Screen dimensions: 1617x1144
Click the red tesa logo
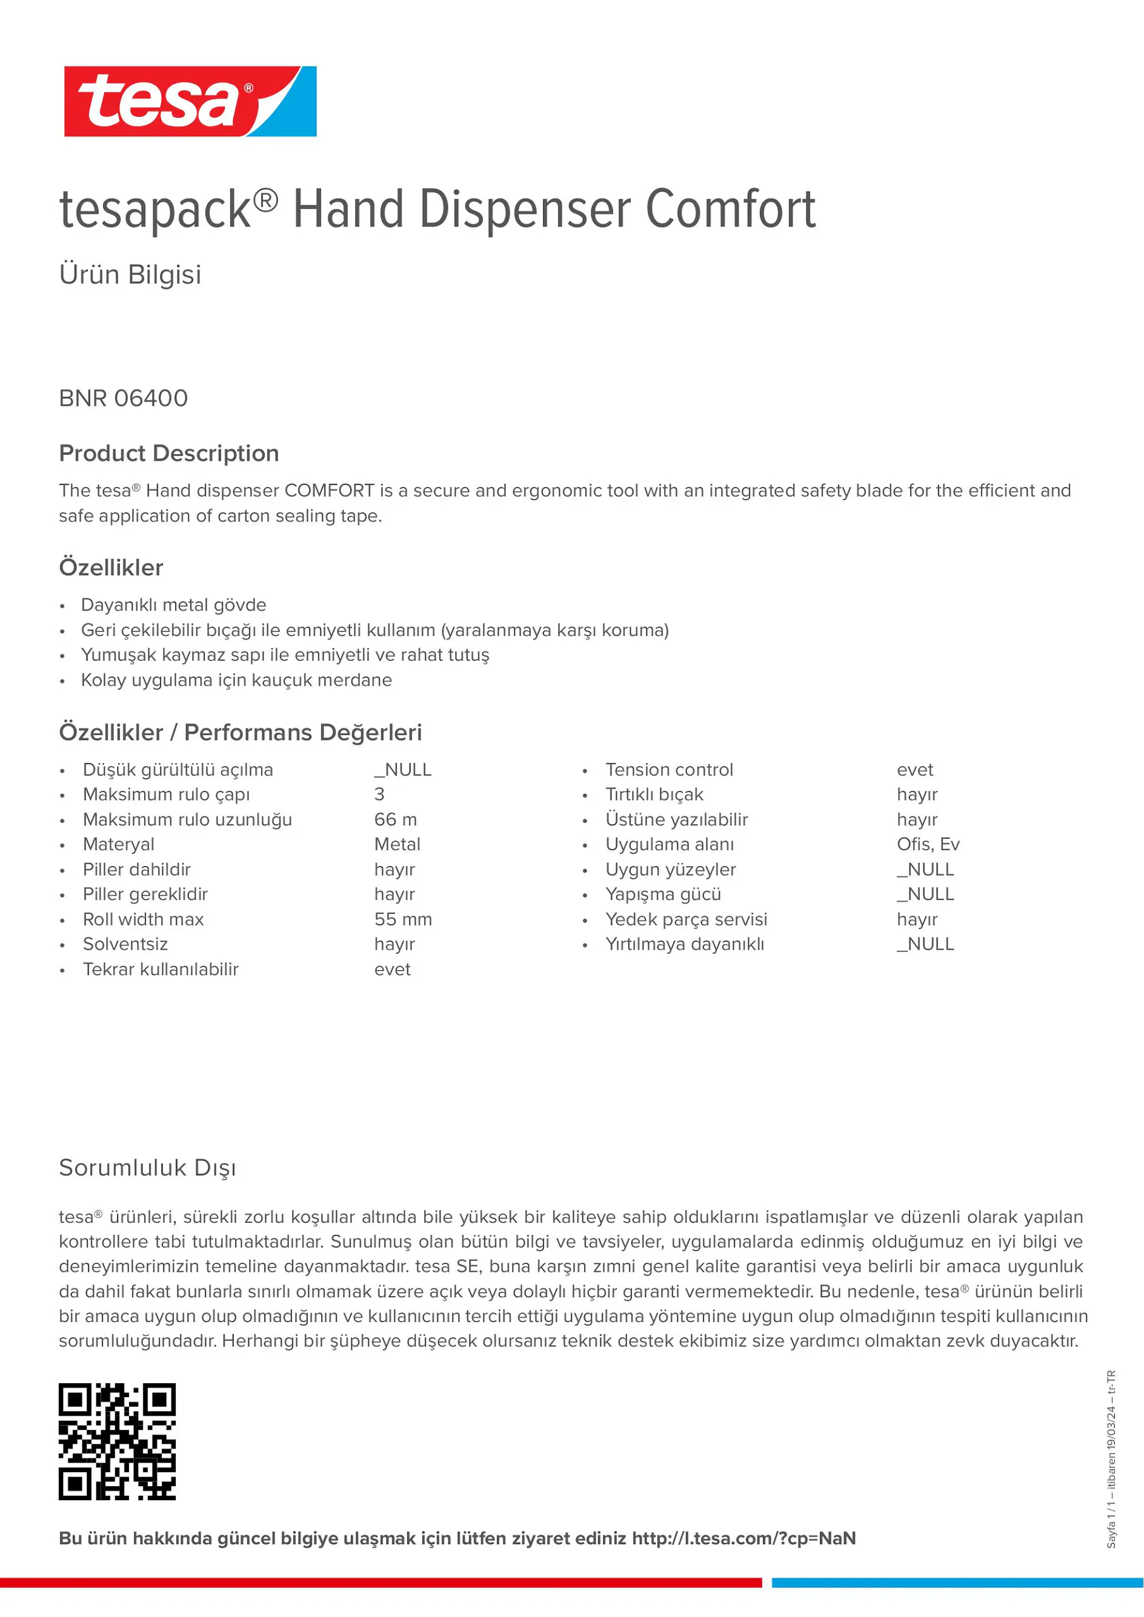point(190,101)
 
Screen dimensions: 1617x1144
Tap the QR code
point(117,1441)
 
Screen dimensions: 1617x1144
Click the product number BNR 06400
point(123,398)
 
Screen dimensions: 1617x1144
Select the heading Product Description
point(169,454)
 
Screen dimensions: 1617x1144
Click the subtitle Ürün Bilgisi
point(130,275)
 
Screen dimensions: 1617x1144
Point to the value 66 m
point(395,820)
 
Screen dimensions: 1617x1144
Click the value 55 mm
point(403,920)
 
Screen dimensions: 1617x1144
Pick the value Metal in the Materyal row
point(397,844)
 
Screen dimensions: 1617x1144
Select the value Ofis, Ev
point(928,844)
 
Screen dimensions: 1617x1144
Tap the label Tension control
point(669,770)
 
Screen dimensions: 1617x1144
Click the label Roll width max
point(143,920)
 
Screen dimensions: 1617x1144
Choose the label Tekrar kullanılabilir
point(161,970)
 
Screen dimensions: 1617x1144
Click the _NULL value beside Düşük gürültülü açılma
point(403,770)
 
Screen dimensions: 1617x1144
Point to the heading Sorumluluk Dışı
point(147,1168)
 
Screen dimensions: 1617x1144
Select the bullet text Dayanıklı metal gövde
point(173,605)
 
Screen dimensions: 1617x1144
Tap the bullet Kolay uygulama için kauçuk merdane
point(236,680)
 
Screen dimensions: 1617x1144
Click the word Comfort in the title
point(731,210)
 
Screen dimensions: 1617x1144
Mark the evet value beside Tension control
point(914,770)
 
